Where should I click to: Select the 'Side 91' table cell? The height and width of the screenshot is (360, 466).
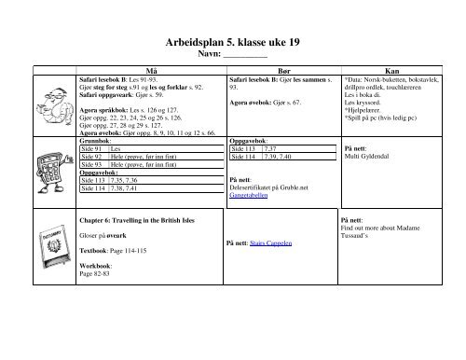(94, 149)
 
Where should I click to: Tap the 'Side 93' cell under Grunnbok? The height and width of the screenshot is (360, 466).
(94, 164)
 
